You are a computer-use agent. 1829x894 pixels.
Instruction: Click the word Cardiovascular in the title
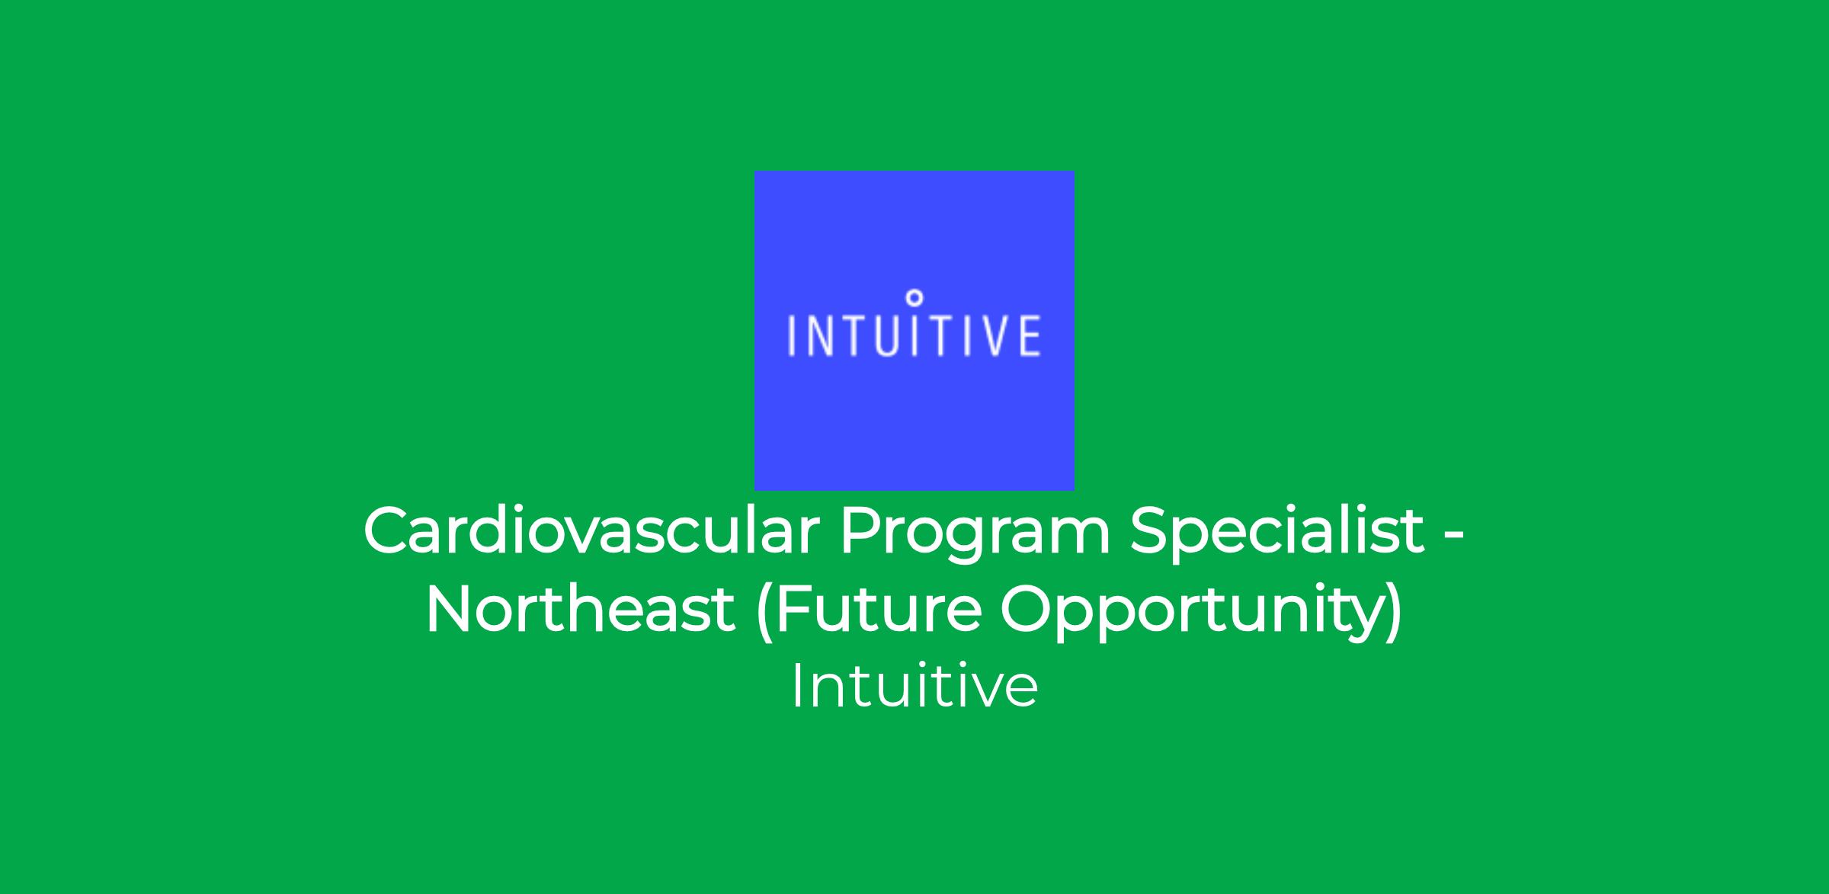click(591, 531)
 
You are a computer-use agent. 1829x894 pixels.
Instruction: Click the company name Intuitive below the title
click(914, 687)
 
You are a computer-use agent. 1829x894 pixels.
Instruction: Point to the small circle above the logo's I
click(915, 296)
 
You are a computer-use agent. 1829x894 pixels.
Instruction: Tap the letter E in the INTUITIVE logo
click(1029, 335)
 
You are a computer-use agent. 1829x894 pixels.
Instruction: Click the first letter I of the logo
click(790, 335)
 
